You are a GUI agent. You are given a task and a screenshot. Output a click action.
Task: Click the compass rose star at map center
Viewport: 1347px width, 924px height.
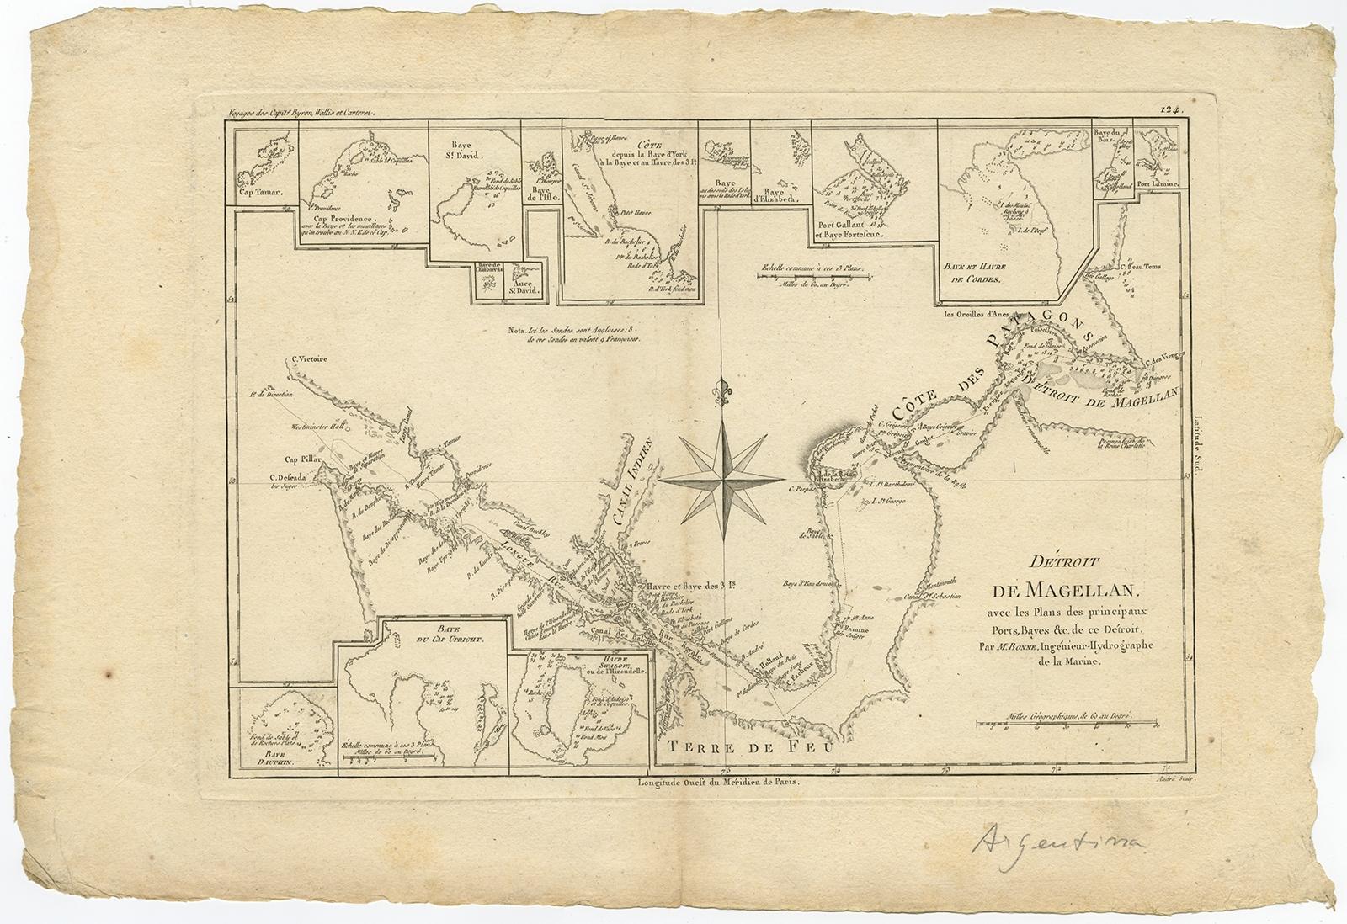tap(721, 481)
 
